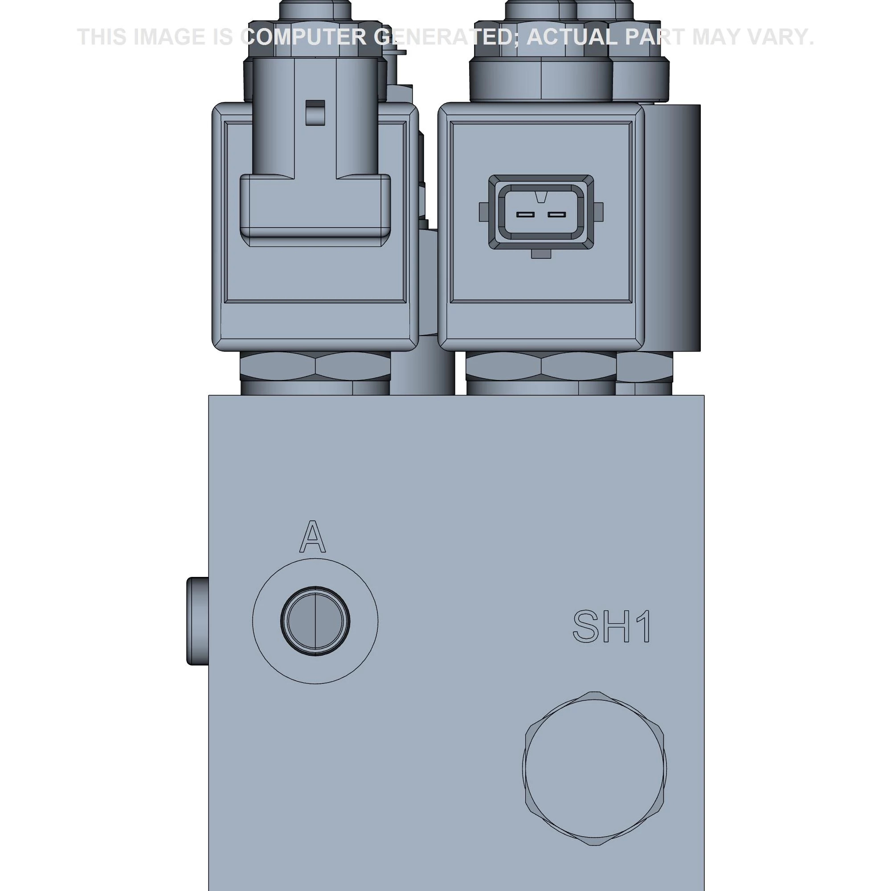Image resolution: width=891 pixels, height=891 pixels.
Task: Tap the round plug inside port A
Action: [315, 621]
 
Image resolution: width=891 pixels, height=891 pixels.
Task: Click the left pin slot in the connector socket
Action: [525, 214]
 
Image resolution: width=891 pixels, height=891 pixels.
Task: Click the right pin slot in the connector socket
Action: [556, 214]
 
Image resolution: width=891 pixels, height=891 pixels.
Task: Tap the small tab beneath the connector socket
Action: [541, 253]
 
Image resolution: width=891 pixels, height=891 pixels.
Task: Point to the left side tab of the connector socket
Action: [483, 212]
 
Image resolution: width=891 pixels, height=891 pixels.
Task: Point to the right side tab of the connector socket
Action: [599, 212]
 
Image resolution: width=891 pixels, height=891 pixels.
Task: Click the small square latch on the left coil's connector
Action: [315, 112]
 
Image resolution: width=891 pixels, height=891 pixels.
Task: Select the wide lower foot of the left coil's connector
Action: [315, 210]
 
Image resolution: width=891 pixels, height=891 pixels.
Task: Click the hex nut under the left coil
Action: [315, 366]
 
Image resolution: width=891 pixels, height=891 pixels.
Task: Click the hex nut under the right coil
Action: [540, 366]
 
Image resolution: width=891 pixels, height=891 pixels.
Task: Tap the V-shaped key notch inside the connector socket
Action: [541, 198]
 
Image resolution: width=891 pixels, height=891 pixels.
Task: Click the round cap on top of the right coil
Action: [540, 78]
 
